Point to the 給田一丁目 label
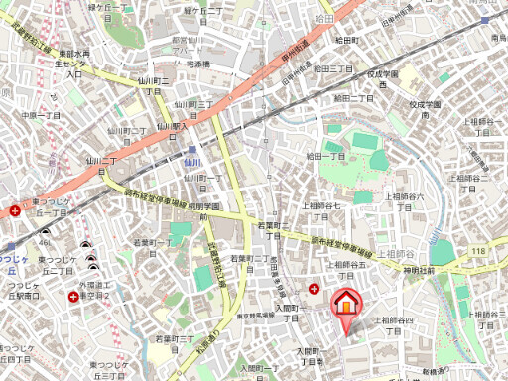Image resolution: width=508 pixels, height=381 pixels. [324, 156]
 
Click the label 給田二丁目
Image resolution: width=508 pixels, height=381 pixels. [354, 98]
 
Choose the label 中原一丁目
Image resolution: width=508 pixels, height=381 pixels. [41, 115]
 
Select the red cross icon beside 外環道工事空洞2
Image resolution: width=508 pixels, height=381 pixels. [73, 296]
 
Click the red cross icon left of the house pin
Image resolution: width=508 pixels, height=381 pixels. [315, 289]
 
